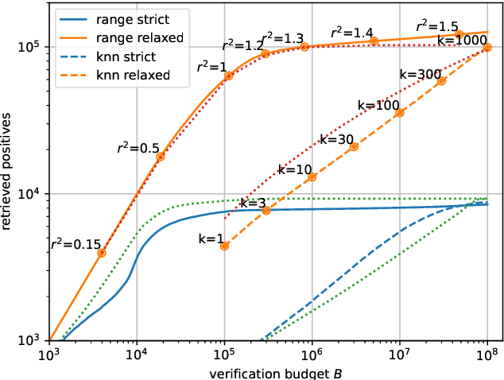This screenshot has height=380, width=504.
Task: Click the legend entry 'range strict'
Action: click(x=120, y=16)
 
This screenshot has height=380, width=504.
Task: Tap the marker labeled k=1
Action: click(x=225, y=246)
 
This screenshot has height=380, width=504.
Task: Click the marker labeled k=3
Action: click(x=266, y=210)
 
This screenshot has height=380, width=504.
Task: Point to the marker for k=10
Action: click(x=312, y=176)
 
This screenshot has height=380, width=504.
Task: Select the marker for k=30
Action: click(x=355, y=146)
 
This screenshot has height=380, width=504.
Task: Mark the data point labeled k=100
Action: click(x=400, y=113)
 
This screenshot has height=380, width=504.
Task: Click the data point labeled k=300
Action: click(x=442, y=81)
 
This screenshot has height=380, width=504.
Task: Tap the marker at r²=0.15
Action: click(x=101, y=253)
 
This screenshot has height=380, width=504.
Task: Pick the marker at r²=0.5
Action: click(x=161, y=157)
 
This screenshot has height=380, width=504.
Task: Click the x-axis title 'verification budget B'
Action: click(x=268, y=371)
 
